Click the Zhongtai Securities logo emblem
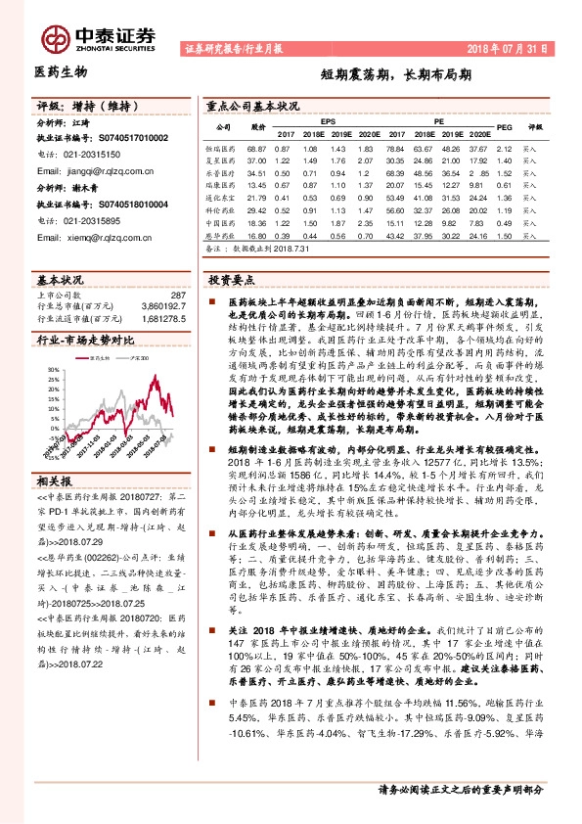pos(55,36)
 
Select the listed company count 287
pos(177,295)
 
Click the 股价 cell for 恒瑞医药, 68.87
pos(258,147)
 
